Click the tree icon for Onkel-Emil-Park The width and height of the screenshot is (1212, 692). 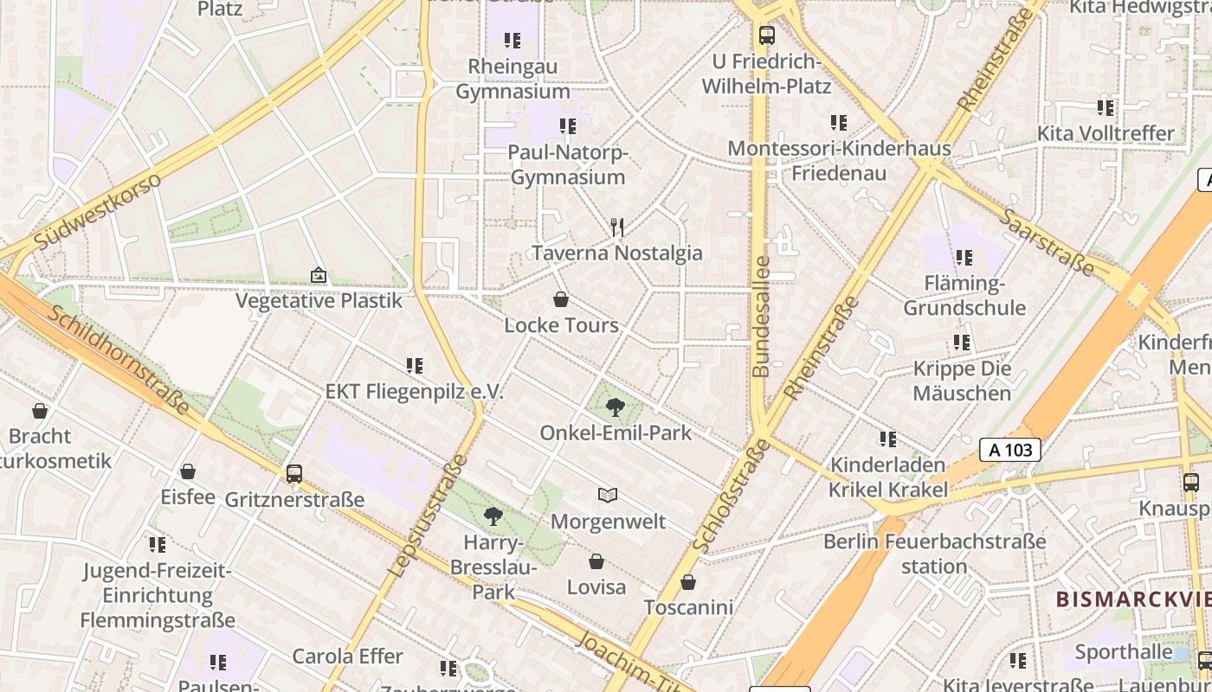[x=616, y=407]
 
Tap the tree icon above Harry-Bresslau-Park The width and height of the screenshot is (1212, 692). [x=493, y=517]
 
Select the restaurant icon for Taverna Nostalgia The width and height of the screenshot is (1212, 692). [x=617, y=227]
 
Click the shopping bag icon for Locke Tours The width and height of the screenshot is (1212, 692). [x=561, y=300]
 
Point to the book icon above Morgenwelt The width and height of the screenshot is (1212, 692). [x=608, y=496]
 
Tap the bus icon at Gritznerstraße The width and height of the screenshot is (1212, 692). [x=294, y=474]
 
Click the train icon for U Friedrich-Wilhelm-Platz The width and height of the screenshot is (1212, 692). [x=766, y=35]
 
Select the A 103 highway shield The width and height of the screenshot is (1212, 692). [x=1009, y=450]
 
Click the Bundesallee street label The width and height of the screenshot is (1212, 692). [x=761, y=317]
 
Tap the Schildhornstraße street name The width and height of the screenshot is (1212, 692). [x=118, y=358]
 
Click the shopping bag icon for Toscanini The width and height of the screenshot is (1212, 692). [x=688, y=582]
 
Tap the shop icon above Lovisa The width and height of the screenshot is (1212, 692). [x=596, y=561]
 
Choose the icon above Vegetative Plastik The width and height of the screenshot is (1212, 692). [x=319, y=275]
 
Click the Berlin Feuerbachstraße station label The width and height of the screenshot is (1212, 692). [x=934, y=554]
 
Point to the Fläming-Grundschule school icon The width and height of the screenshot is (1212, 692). [x=964, y=258]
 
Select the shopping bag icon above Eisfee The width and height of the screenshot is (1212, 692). [x=188, y=471]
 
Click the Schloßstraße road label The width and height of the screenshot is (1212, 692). [x=731, y=496]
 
